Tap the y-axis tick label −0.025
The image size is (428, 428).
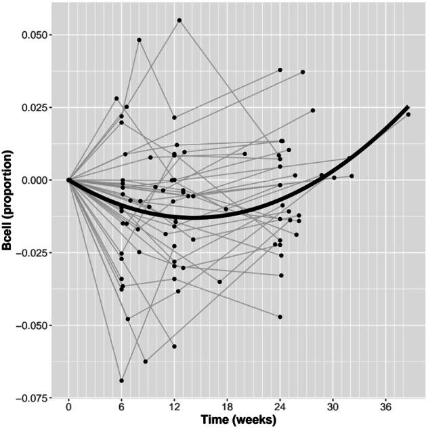click(x=33, y=253)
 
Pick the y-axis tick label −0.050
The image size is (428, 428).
click(x=33, y=326)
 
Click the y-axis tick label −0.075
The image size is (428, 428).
click(x=33, y=398)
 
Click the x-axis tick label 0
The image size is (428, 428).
click(x=68, y=410)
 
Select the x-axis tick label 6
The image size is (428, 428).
click(x=121, y=410)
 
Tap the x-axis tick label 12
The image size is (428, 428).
click(x=174, y=410)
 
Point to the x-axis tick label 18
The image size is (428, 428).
click(x=227, y=410)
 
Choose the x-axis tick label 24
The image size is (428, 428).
click(x=280, y=410)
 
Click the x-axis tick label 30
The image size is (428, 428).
click(x=333, y=410)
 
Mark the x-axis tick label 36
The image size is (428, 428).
click(x=385, y=410)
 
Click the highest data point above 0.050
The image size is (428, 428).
click(x=179, y=20)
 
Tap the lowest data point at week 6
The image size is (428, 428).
click(x=121, y=381)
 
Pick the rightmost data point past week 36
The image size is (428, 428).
click(x=408, y=115)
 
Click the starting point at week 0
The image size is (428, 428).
click(x=68, y=180)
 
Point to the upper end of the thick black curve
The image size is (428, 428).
click(x=407, y=107)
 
